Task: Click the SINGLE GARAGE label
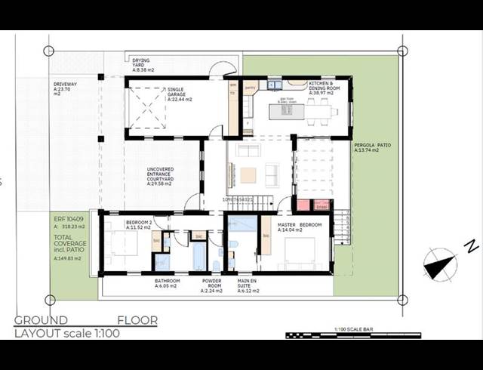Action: coord(180,94)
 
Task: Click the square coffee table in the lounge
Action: coord(248,175)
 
